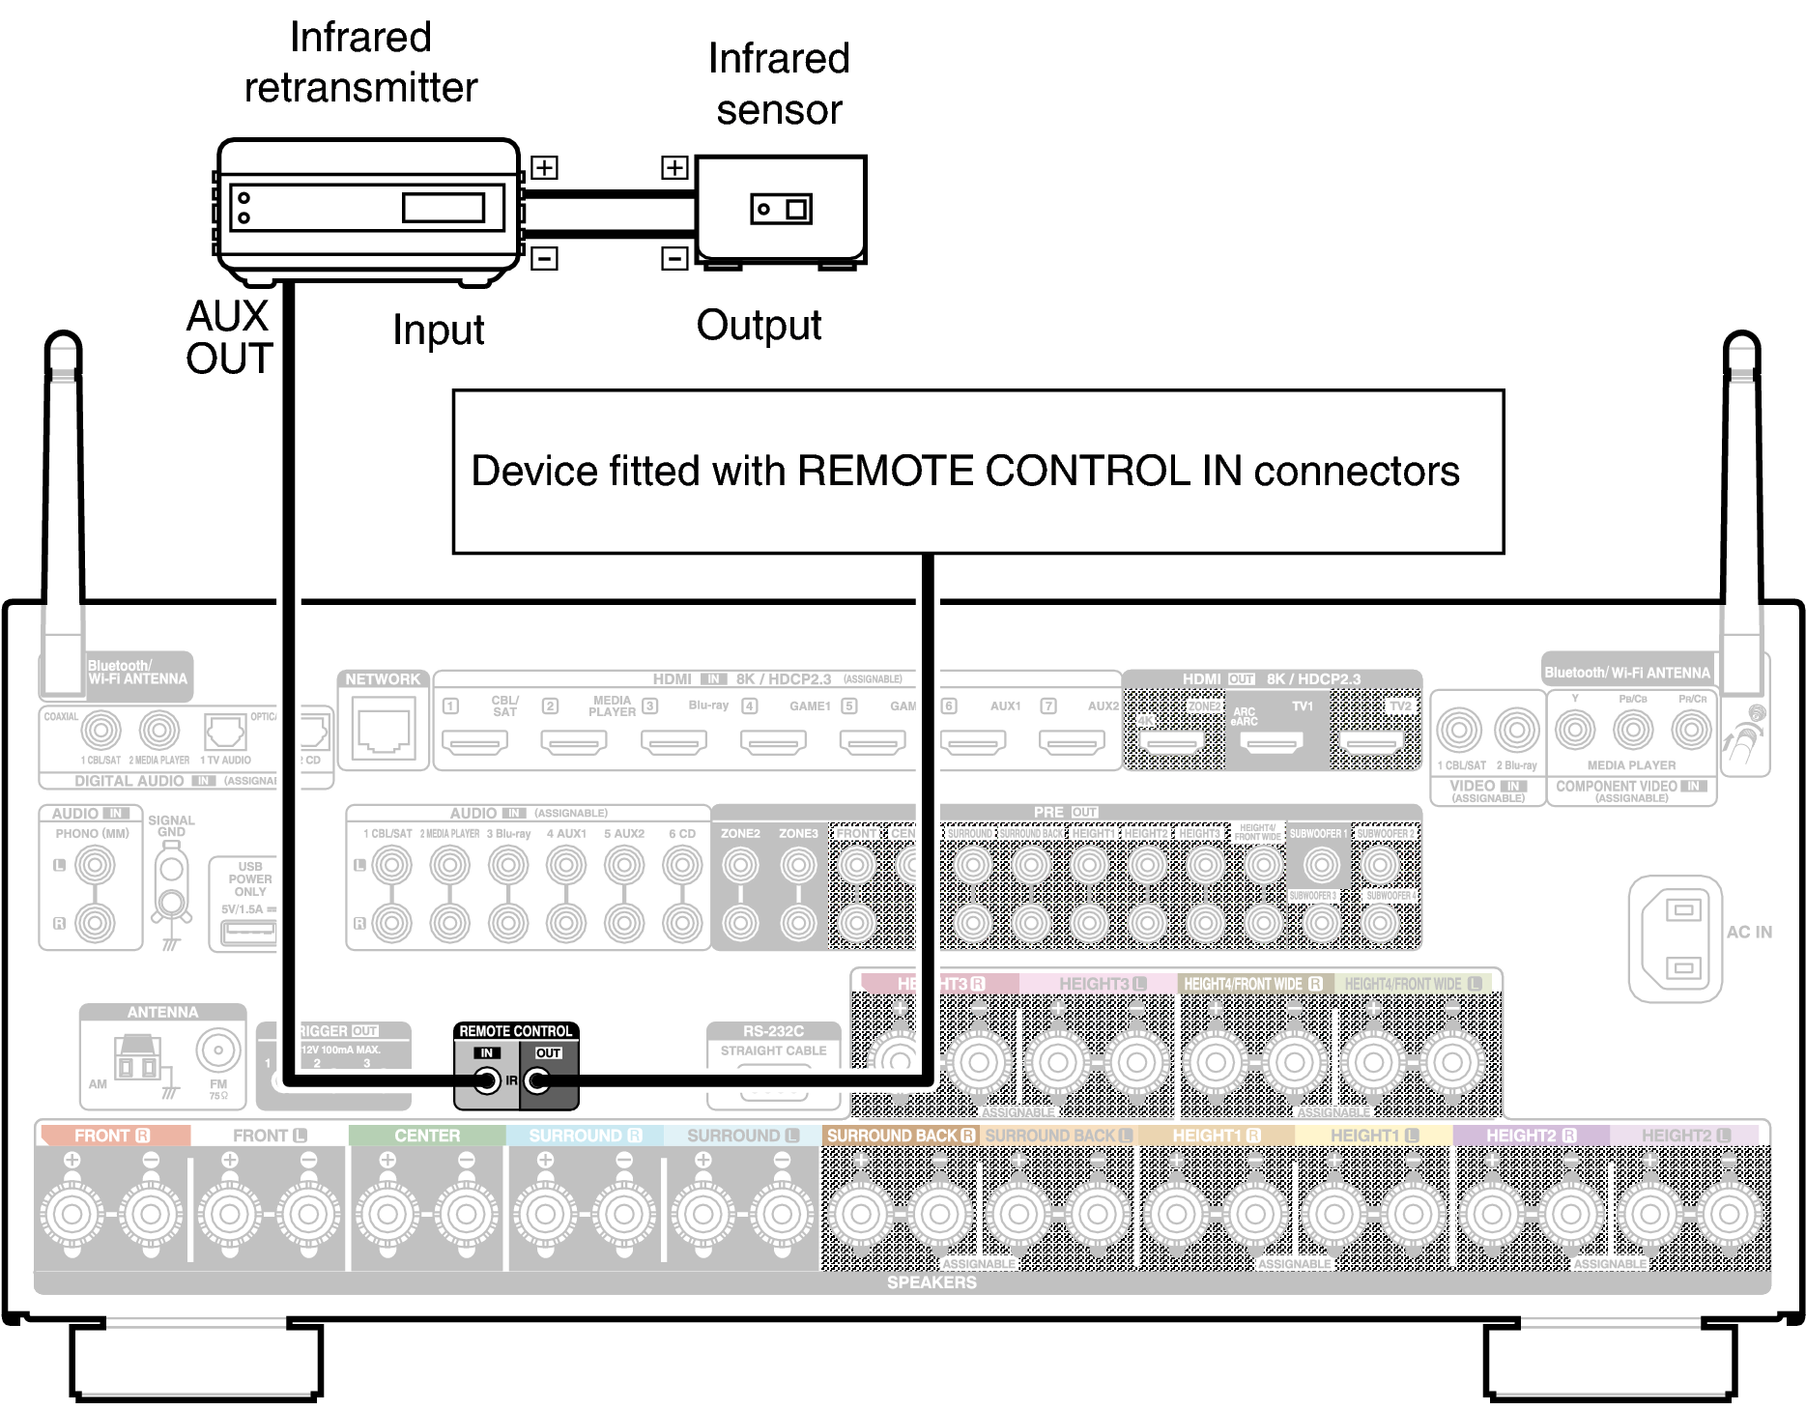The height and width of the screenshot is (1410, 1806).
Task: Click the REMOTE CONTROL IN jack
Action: coord(487,1080)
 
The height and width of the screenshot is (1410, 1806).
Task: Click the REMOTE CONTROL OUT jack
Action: coord(537,1080)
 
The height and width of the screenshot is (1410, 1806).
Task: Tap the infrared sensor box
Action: coord(781,209)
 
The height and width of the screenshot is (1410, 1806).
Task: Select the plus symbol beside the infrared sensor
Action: coord(674,167)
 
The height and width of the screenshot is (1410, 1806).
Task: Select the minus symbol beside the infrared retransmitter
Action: coord(544,258)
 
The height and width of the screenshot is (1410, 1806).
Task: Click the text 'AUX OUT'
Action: coord(229,337)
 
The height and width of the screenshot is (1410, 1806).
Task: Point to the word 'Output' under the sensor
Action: coord(759,326)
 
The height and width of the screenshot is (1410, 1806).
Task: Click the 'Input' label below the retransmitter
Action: coord(438,331)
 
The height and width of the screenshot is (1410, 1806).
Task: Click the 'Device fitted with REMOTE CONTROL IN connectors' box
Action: coord(978,472)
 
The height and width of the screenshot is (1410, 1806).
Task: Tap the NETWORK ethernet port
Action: coord(384,731)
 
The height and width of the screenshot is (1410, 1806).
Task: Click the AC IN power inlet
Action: coord(1681,938)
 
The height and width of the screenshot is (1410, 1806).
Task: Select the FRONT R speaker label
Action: coord(112,1136)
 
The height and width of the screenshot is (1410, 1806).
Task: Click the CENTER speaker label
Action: coord(427,1136)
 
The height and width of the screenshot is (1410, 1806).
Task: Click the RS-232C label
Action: coord(773,1031)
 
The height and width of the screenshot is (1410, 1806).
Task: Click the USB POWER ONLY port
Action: coord(248,932)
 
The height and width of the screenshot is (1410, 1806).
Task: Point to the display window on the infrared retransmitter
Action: coord(444,208)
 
